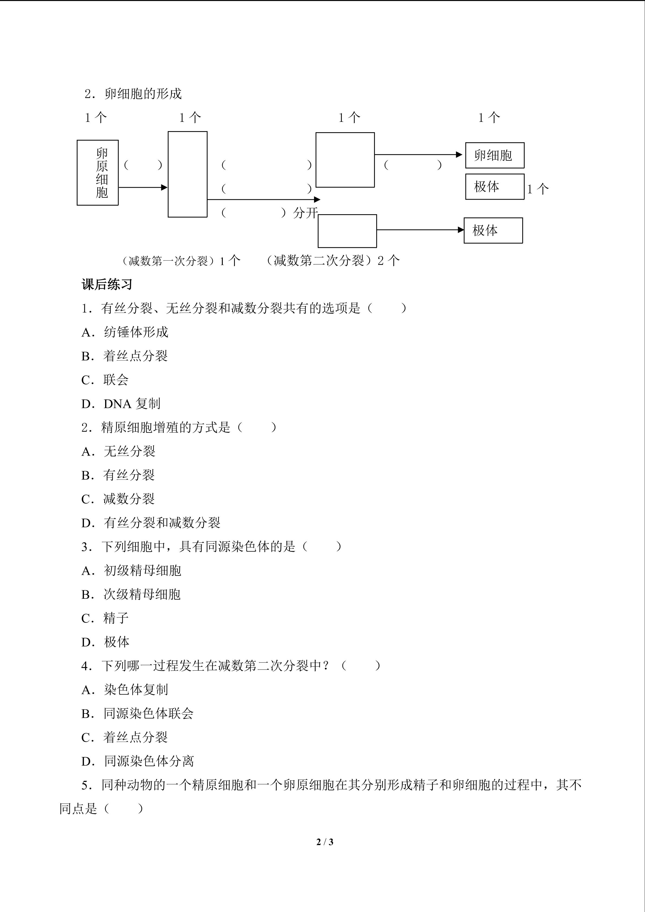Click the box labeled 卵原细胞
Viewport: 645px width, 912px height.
coord(98,173)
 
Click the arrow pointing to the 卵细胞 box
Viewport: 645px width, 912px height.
coord(418,154)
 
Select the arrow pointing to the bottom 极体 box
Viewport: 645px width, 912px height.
coord(420,230)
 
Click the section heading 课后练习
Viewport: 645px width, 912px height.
coord(107,284)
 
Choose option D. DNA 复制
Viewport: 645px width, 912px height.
coord(121,404)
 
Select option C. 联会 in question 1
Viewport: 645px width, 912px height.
coord(105,380)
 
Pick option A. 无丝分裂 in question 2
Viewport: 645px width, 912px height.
coord(118,452)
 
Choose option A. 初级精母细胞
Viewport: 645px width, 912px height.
coord(131,571)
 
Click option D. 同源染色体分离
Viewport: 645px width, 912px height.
coord(138,761)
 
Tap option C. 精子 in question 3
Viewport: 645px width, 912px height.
coord(105,618)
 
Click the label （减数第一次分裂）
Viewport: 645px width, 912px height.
coord(169,261)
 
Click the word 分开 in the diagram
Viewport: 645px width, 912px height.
coord(305,213)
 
